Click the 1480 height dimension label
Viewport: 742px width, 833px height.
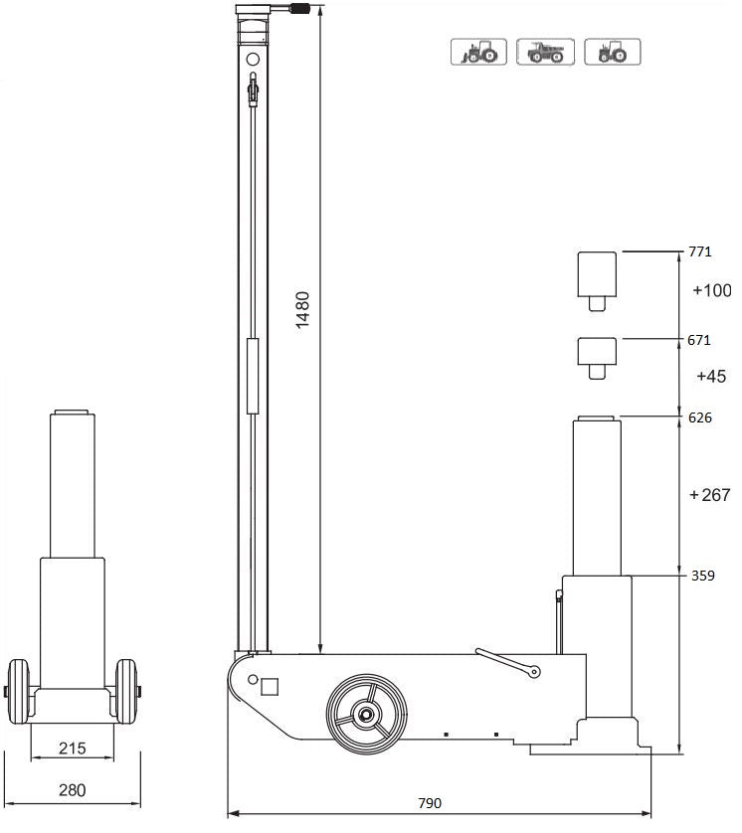pos(303,308)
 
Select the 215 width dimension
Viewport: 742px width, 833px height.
pos(72,748)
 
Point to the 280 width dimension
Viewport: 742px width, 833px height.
pos(72,790)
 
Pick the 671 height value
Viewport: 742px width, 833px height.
pos(699,340)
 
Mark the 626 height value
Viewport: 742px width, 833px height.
pos(699,417)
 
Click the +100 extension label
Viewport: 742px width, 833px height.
pos(711,290)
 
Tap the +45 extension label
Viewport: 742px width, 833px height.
pos(711,377)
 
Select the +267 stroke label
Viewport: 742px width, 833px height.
pos(709,495)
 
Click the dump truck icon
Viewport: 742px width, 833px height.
pos(546,52)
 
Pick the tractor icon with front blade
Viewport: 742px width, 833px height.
pos(479,52)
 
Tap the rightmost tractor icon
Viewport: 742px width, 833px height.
pos(612,52)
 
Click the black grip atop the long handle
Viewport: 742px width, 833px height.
pos(301,10)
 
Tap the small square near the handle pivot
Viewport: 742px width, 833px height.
pos(269,685)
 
